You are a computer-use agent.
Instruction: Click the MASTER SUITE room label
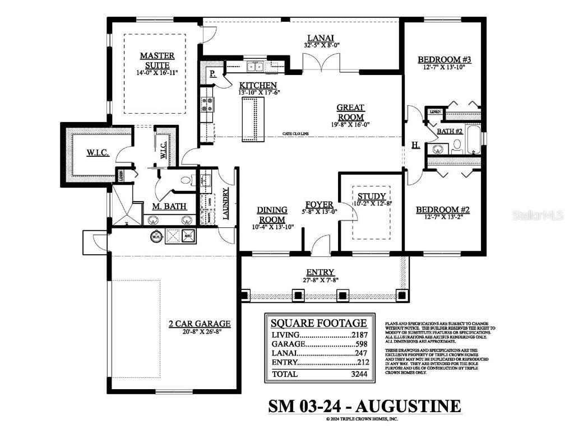click(x=157, y=60)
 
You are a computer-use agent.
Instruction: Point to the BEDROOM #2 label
click(x=442, y=210)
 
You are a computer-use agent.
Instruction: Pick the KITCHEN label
click(x=258, y=85)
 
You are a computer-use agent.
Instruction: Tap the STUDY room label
click(x=372, y=196)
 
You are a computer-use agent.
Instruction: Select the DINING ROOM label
click(x=272, y=215)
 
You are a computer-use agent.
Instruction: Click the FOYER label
click(x=320, y=204)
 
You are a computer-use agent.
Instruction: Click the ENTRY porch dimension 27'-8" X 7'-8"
click(x=320, y=279)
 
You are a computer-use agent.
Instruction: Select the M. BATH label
click(x=169, y=206)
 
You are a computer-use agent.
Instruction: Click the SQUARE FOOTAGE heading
click(x=319, y=323)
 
